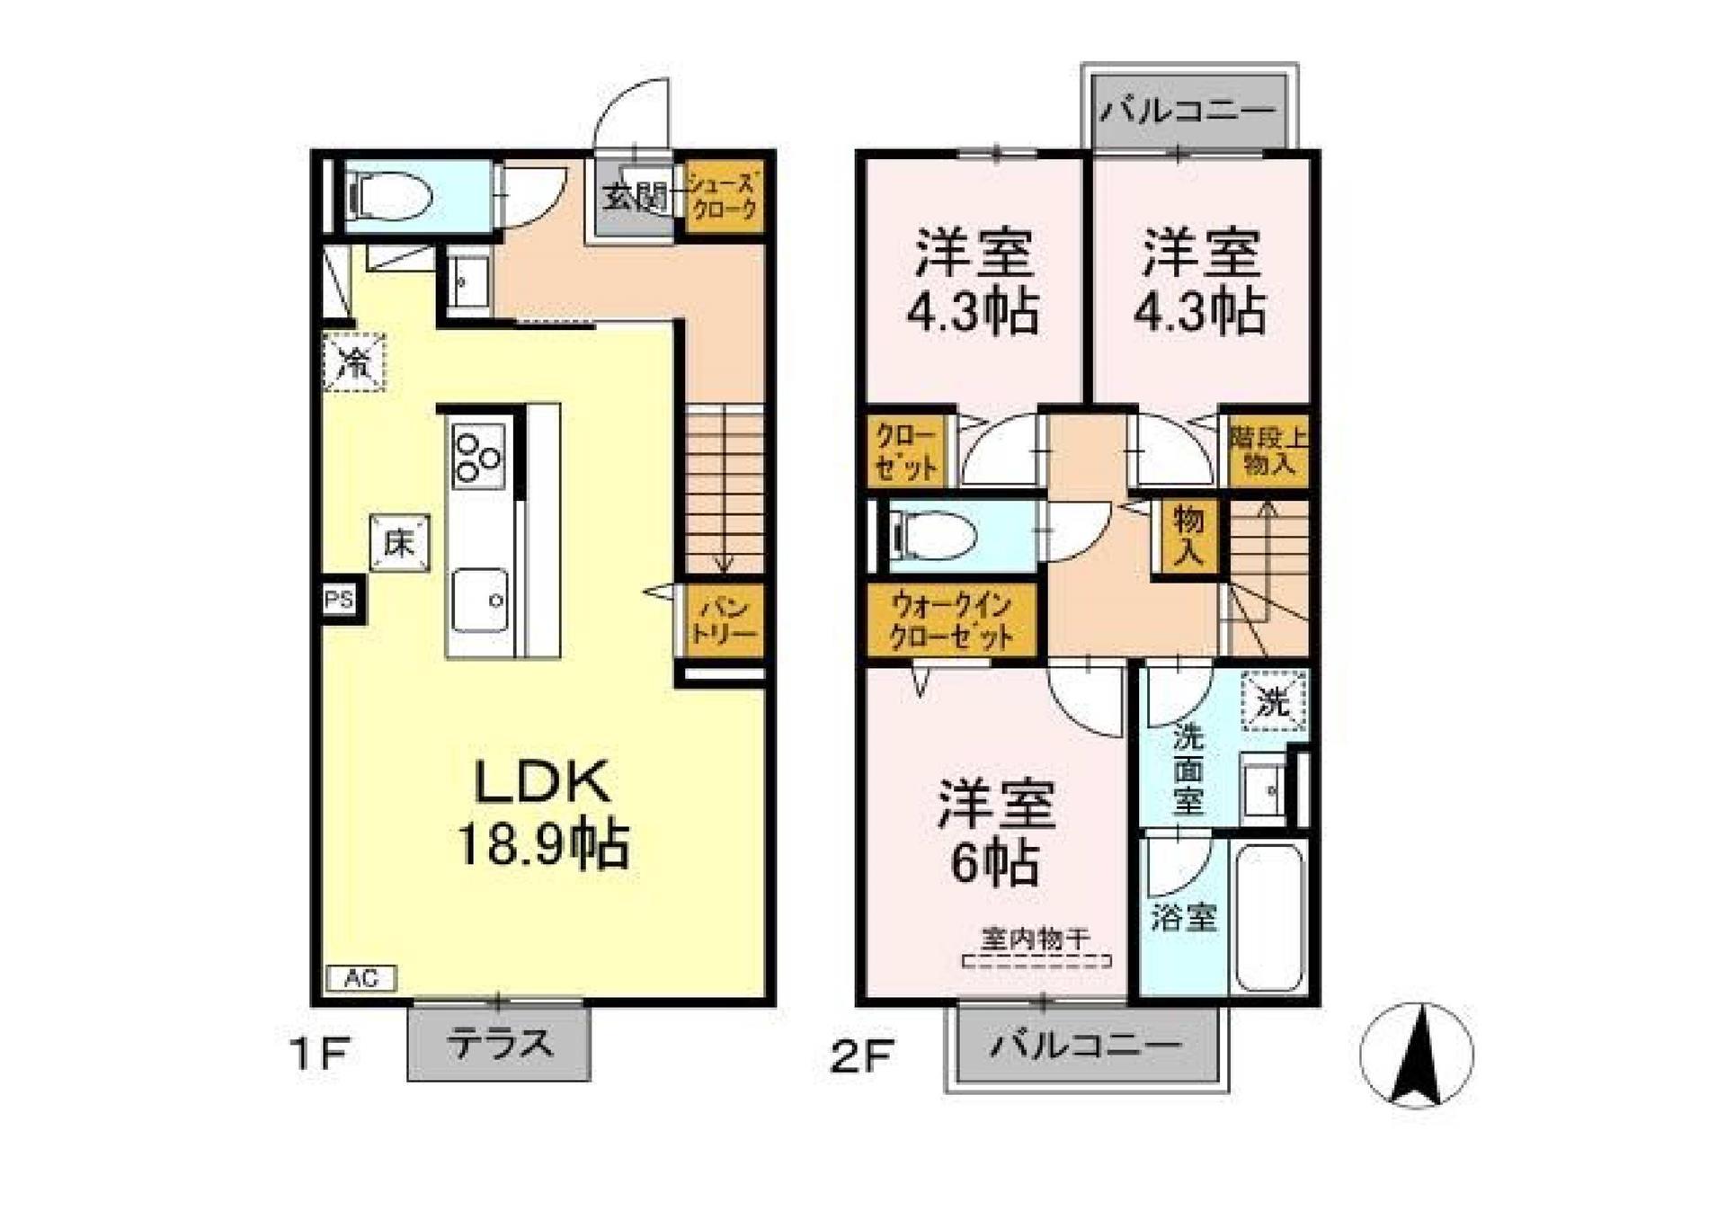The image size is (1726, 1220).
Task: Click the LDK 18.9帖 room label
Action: tap(542, 813)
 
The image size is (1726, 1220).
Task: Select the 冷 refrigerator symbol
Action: tap(354, 362)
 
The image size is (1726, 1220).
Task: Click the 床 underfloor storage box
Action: tap(399, 543)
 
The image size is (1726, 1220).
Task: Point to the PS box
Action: tap(340, 599)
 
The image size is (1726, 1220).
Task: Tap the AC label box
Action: tap(360, 978)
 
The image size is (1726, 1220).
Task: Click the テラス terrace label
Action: tap(499, 1044)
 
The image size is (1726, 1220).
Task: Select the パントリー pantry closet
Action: tap(724, 620)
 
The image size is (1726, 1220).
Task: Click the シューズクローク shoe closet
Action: tap(724, 197)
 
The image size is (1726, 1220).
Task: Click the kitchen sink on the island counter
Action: tap(479, 600)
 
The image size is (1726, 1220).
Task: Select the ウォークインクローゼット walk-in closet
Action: tap(951, 620)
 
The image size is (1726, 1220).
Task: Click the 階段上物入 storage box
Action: tap(1268, 451)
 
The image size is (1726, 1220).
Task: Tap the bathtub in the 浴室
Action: tap(1270, 917)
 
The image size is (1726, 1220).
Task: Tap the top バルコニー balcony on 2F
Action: tap(1188, 111)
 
